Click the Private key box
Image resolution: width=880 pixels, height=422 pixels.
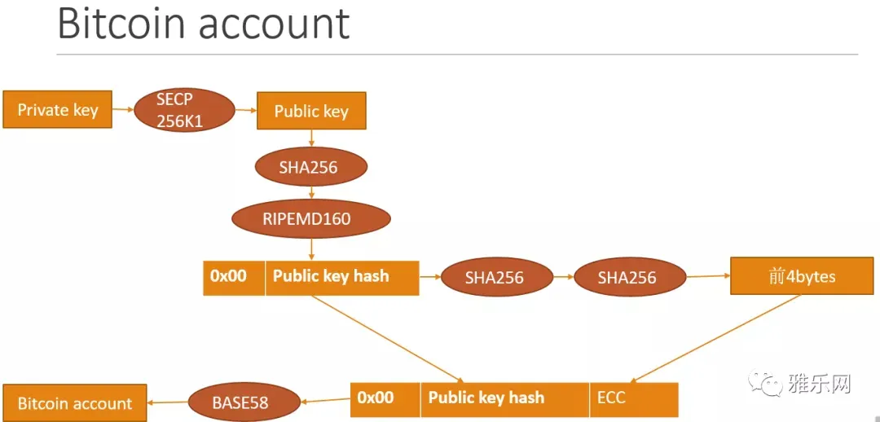(58, 110)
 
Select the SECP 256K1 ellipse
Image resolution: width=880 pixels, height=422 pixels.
(183, 110)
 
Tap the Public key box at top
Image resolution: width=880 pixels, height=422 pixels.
(311, 111)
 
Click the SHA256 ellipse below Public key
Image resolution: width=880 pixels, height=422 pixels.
(311, 168)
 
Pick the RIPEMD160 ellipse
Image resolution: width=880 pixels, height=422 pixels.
(311, 218)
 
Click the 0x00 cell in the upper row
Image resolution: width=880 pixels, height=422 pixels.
(233, 277)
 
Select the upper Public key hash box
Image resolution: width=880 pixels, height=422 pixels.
(341, 277)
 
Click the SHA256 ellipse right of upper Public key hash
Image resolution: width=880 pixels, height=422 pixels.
(494, 278)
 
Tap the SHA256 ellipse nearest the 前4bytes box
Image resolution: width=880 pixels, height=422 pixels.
(627, 278)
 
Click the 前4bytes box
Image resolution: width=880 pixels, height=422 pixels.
(802, 277)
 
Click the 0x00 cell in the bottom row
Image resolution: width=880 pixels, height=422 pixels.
(385, 398)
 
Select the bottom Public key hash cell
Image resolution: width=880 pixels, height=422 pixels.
(504, 398)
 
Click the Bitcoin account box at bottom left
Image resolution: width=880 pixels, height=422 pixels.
(75, 403)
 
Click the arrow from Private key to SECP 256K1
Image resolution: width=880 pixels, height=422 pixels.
(122, 108)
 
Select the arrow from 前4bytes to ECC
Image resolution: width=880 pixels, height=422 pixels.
(717, 338)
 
